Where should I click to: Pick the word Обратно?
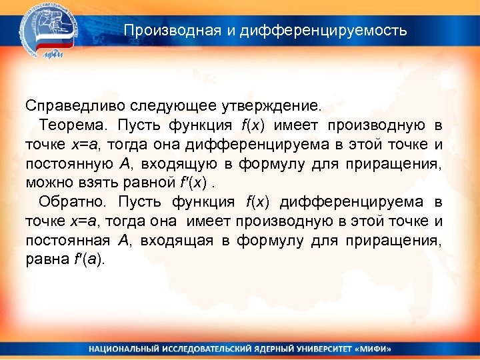tap(74, 202)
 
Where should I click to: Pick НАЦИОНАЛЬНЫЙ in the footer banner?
tap(123, 349)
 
